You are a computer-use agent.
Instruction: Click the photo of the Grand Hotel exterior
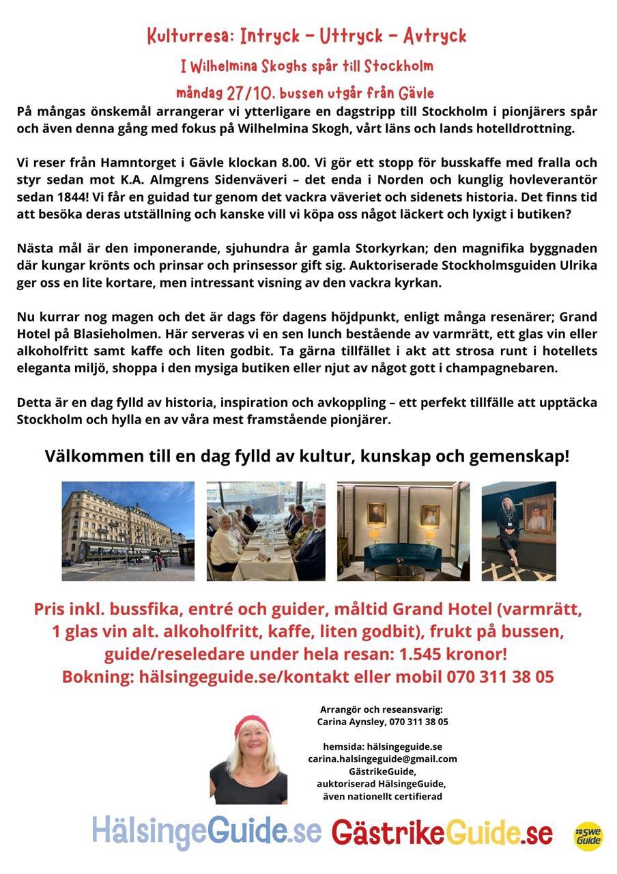[128, 531]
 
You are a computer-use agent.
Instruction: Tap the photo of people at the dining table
[266, 531]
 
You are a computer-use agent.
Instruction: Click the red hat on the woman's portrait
[251, 725]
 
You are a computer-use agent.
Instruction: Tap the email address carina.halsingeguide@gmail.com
[382, 759]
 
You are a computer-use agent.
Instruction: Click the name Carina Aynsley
[351, 722]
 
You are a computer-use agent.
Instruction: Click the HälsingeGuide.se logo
[207, 832]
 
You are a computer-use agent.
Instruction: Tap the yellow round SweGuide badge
[588, 836]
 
